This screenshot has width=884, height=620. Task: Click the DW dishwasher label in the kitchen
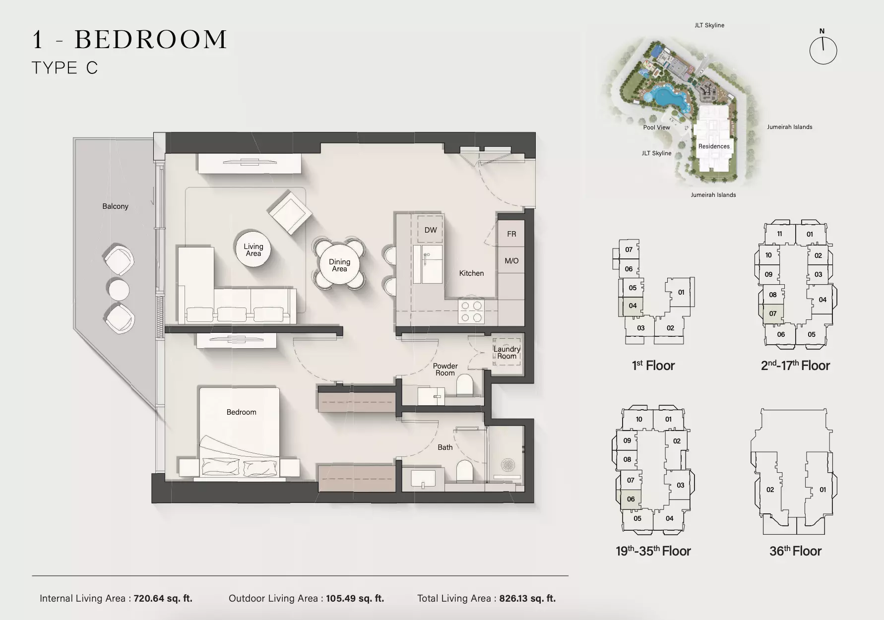point(431,230)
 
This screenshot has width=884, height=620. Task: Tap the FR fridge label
point(511,234)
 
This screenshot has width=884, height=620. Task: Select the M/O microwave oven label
point(511,261)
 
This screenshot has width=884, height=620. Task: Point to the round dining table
point(339,265)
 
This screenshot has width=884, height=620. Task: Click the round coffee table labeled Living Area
point(253,249)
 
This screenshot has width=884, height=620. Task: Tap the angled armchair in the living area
point(290,212)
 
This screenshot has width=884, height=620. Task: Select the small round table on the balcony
point(119,289)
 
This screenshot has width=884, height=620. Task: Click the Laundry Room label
point(506,353)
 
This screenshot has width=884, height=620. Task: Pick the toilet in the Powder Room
point(464,384)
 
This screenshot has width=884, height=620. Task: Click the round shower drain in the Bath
point(509,465)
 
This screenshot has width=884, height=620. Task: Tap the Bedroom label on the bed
point(242,412)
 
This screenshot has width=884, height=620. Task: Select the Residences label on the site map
point(714,146)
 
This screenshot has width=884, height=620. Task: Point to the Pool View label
point(656,127)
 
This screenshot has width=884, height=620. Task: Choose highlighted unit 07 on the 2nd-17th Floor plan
point(773,313)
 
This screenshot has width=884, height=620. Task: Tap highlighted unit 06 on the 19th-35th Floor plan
point(631,499)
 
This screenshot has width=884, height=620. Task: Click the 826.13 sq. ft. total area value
point(527,599)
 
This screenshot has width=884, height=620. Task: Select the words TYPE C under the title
point(65,68)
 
